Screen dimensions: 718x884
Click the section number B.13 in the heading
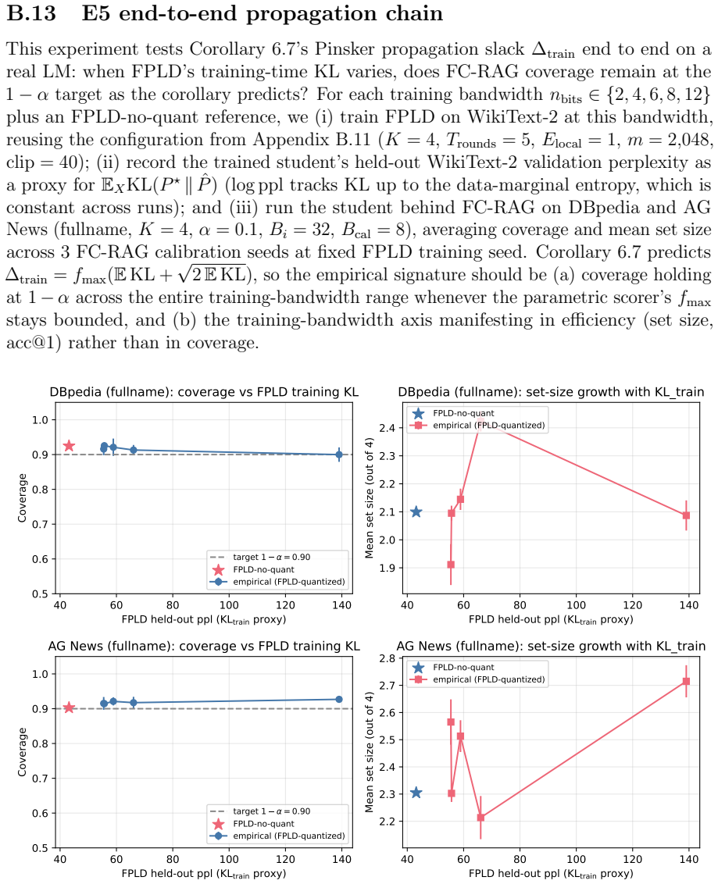pos(31,13)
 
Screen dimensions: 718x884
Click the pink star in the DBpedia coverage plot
pos(69,447)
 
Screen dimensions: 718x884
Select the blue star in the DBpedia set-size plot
pos(416,512)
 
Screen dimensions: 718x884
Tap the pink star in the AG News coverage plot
pos(69,708)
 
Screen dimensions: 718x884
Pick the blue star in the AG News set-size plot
pos(416,793)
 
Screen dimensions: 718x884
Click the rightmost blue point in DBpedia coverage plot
pos(339,454)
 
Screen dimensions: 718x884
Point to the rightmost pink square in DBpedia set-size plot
pos(687,515)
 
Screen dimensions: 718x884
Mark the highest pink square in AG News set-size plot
pos(687,681)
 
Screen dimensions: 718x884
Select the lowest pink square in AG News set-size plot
pos(480,818)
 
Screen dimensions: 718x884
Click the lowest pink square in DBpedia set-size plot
pos(451,565)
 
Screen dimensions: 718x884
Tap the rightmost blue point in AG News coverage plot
pos(339,699)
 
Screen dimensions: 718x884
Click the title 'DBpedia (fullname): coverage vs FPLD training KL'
pos(204,392)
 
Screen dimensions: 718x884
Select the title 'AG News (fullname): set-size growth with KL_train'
pos(551,646)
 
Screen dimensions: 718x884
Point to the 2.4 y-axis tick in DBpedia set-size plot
pos(387,428)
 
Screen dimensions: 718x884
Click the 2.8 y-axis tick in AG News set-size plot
pos(387,658)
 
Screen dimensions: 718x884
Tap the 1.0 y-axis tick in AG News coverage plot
pos(40,674)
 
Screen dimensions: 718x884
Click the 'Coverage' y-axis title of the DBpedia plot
pos(23,497)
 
